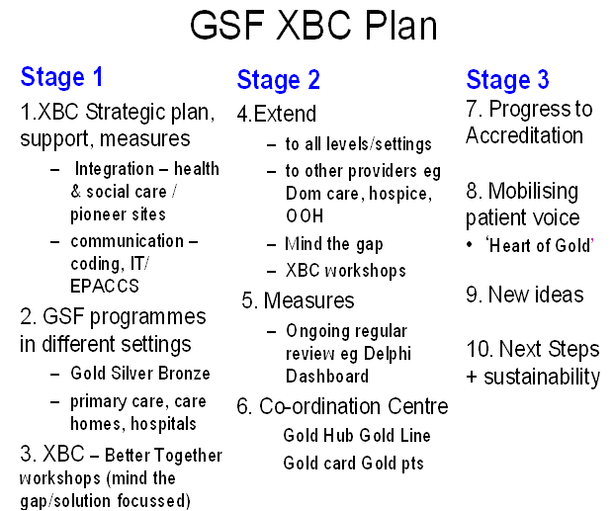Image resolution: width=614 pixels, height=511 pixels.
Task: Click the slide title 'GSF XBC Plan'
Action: tap(313, 25)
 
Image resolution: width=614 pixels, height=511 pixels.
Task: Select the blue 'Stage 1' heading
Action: tap(61, 77)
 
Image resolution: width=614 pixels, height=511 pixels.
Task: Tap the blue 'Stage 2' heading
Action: tap(279, 80)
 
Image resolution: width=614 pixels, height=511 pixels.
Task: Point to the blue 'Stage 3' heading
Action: tap(507, 80)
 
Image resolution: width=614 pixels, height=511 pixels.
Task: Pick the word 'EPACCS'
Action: tap(105, 287)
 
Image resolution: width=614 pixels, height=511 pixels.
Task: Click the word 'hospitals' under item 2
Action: tap(163, 424)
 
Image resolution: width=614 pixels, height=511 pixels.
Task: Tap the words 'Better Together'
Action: tap(164, 456)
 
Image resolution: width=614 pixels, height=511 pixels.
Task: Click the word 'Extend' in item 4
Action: tap(285, 114)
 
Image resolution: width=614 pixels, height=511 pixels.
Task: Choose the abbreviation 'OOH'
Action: tap(305, 216)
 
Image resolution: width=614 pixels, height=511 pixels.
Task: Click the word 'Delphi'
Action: tap(388, 354)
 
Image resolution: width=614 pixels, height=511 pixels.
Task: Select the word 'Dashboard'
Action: tap(327, 377)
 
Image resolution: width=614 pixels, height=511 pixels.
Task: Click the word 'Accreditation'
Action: tap(524, 135)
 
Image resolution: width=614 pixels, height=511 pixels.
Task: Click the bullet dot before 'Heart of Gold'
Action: tap(470, 245)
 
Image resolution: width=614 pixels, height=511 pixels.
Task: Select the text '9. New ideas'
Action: tap(525, 295)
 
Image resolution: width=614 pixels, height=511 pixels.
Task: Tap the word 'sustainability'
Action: tap(542, 378)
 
